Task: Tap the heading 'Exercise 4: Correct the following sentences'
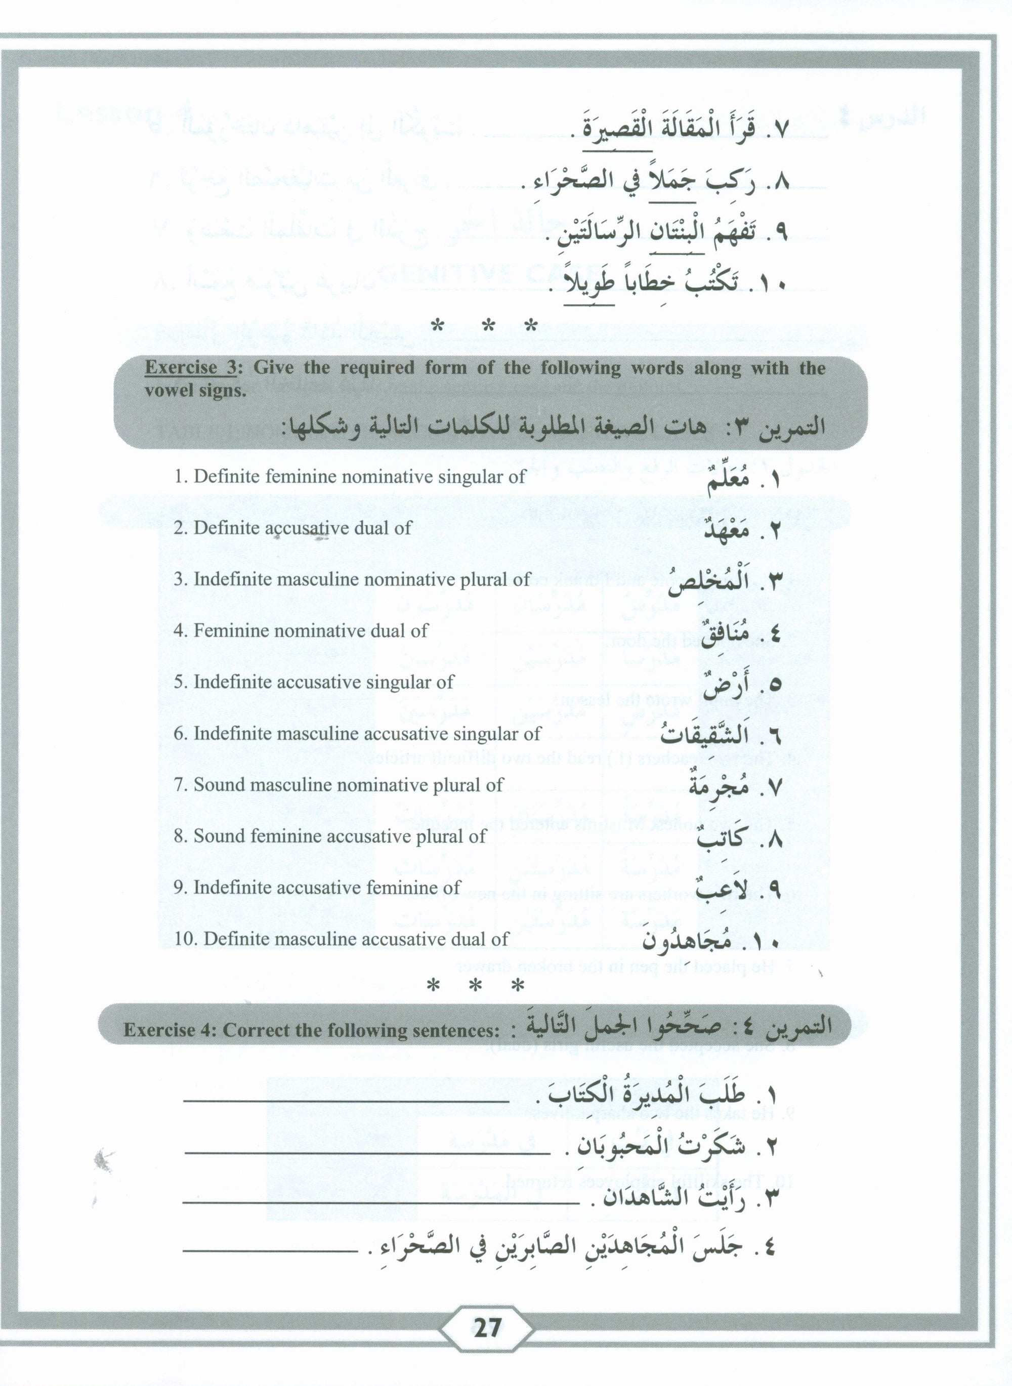pos(311,1213)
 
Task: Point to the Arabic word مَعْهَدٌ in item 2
pos(727,530)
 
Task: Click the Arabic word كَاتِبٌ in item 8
pos(719,838)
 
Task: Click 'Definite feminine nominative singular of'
pos(350,477)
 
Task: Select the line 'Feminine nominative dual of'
pos(300,631)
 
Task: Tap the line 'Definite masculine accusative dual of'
pos(341,939)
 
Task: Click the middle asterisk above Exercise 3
pos(488,326)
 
